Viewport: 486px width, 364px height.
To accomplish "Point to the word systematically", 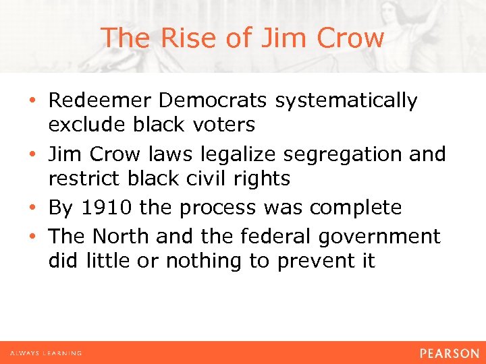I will pyautogui.click(x=346, y=102).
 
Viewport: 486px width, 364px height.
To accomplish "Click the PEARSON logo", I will pyautogui.click(x=448, y=353).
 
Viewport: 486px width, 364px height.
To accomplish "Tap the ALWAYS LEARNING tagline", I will pyautogui.click(x=45, y=353).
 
